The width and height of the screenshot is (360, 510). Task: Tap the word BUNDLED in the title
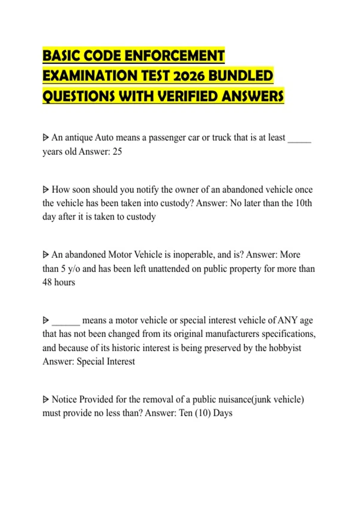tap(241, 76)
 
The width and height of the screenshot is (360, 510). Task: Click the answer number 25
tap(117, 151)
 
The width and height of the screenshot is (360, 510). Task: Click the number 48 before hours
tap(47, 282)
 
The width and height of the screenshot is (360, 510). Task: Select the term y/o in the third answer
tap(74, 269)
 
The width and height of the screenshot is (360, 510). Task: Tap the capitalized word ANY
tap(287, 320)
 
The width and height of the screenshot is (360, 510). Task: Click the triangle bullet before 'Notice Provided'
tap(46, 400)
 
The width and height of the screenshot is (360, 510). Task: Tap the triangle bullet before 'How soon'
tap(46, 190)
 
